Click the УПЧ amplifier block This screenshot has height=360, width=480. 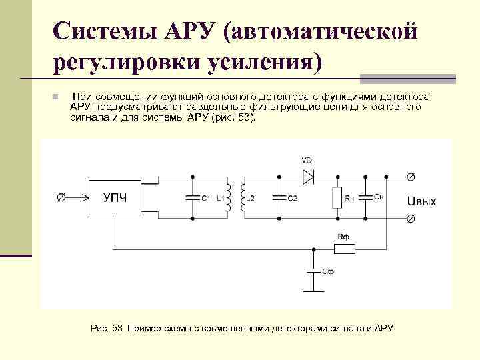[115, 197]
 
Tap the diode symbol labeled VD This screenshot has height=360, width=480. [307, 177]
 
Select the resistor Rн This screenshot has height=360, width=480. [338, 197]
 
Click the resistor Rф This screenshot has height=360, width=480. [344, 249]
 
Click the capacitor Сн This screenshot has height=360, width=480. [365, 197]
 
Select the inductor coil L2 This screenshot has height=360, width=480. [243, 197]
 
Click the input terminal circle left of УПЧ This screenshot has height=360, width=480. [60, 197]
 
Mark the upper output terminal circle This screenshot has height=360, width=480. [411, 177]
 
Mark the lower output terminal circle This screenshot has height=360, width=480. [411, 219]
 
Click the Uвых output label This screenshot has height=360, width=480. [421, 201]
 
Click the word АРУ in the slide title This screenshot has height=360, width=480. [182, 31]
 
